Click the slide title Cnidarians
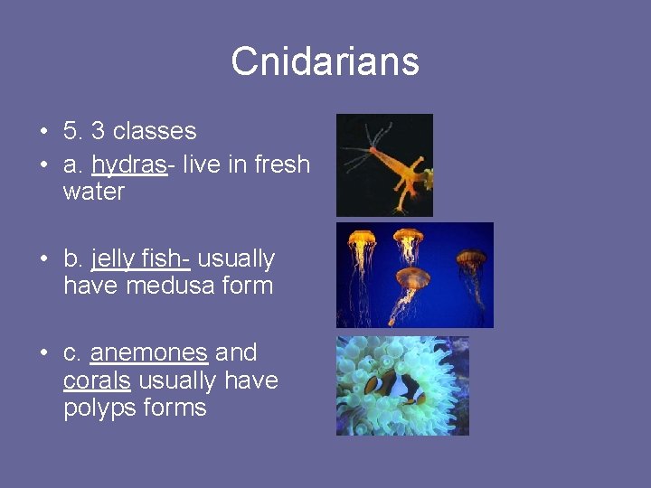point(325,62)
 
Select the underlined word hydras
point(128,165)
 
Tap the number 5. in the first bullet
point(72,131)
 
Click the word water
point(94,192)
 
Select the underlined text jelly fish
point(139,259)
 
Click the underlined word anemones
point(149,352)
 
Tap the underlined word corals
point(97,380)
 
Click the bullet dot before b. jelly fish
point(43,260)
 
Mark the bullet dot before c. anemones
point(43,353)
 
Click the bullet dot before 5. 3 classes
point(43,132)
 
